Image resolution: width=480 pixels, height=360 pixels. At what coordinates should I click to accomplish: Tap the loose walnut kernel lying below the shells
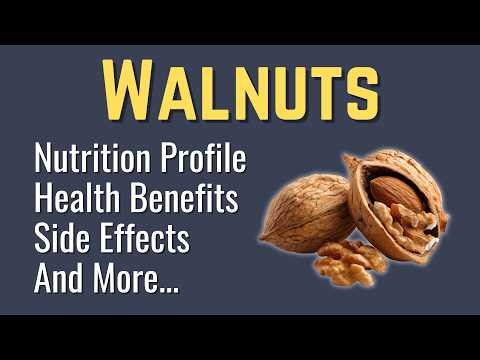tap(350, 262)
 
